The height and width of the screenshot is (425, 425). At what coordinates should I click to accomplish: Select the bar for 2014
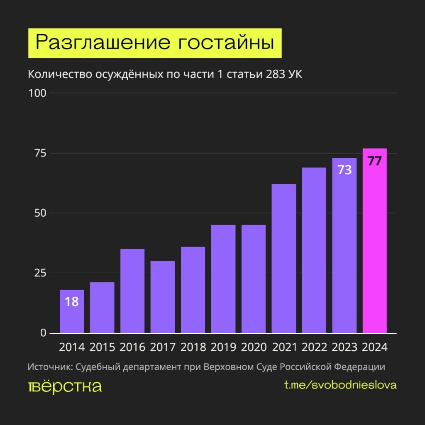(72, 311)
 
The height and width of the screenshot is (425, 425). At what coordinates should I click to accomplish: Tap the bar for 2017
(163, 297)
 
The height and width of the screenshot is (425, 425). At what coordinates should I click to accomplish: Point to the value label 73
(344, 170)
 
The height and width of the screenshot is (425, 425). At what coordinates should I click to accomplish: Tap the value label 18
(72, 302)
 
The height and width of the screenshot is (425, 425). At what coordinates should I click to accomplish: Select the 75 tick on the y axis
(39, 153)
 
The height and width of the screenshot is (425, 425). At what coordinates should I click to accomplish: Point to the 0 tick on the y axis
(43, 333)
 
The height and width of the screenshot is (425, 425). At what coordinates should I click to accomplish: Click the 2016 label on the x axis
(132, 347)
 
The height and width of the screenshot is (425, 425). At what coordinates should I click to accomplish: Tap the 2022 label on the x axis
(314, 347)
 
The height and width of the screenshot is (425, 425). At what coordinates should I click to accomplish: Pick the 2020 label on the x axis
(254, 347)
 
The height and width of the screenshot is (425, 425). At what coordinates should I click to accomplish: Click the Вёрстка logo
(65, 386)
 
